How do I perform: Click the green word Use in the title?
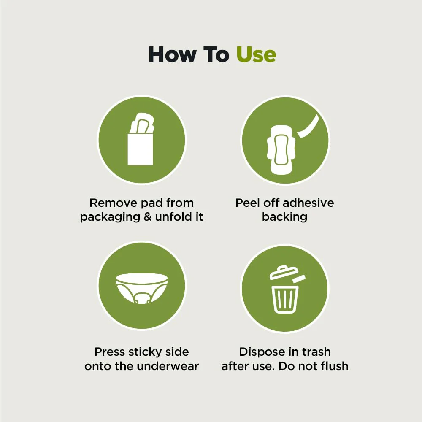click(x=256, y=54)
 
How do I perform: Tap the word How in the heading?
click(x=172, y=54)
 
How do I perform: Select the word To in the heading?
click(x=216, y=54)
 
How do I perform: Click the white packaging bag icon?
click(x=140, y=149)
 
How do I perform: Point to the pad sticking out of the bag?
click(x=142, y=123)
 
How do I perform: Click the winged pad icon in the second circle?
click(x=281, y=149)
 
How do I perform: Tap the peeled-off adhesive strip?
click(x=309, y=126)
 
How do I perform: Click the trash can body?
click(x=285, y=299)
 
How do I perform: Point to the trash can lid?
click(x=284, y=272)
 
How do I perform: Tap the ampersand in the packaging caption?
click(x=148, y=216)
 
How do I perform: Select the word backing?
click(x=284, y=216)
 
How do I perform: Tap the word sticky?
click(x=145, y=352)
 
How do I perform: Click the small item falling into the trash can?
click(x=299, y=279)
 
